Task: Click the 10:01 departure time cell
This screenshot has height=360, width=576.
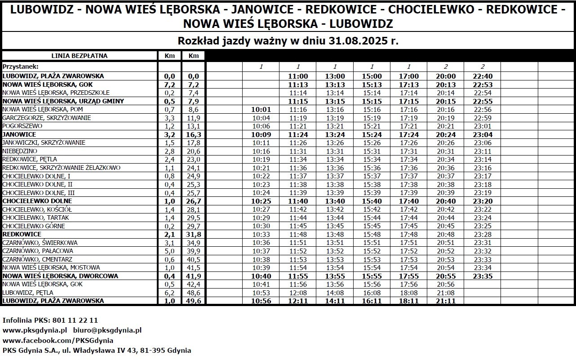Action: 261,109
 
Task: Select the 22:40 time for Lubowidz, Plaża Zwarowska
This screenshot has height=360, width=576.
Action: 482,76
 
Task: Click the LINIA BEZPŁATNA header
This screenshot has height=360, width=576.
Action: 80,56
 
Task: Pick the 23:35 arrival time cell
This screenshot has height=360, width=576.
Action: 482,276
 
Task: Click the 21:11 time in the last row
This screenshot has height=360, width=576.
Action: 445,301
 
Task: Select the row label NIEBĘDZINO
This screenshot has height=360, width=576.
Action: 20,151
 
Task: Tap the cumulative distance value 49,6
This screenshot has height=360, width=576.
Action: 193,301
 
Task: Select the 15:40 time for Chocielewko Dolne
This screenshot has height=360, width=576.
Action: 372,201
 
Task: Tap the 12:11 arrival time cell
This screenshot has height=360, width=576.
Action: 298,301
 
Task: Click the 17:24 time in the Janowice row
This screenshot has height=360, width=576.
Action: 408,134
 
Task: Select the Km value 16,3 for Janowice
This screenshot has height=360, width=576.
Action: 193,134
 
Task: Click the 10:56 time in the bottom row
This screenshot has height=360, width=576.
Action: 261,301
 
